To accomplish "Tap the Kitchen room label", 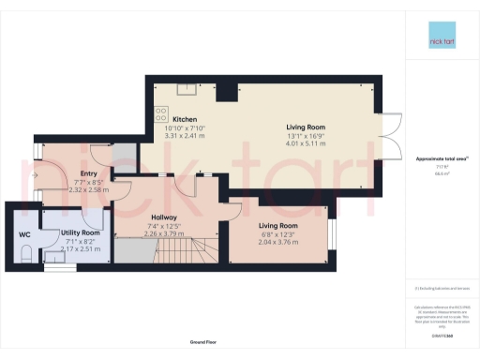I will pyautogui.click(x=184, y=119).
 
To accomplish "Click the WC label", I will pyautogui.click(x=24, y=235).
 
